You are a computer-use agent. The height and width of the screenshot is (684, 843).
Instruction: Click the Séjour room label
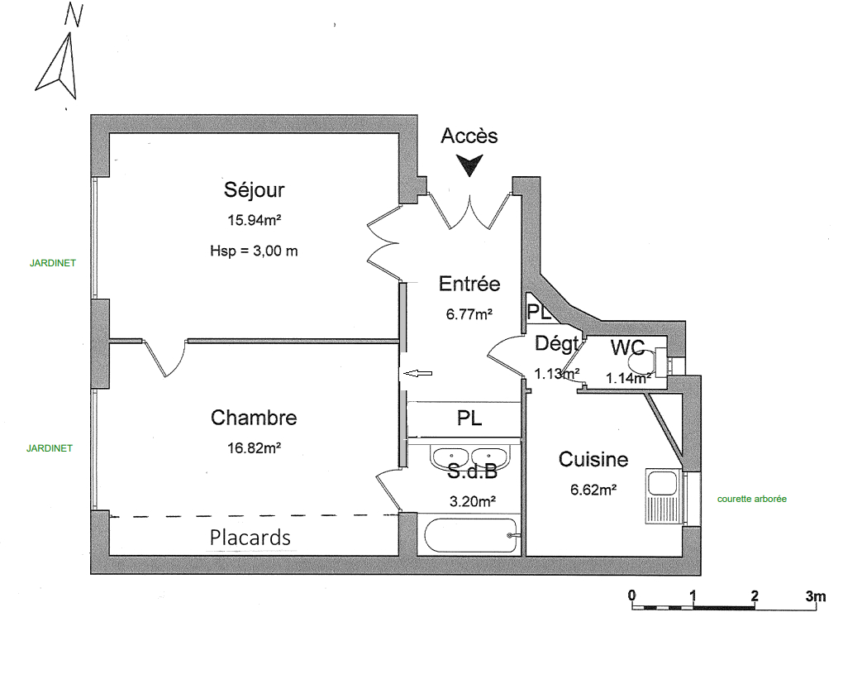(x=254, y=190)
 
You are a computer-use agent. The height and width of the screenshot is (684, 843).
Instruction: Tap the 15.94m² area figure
(x=255, y=220)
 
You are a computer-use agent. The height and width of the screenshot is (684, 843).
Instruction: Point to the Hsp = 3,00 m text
(x=254, y=251)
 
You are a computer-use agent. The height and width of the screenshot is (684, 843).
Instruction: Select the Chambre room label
(x=254, y=418)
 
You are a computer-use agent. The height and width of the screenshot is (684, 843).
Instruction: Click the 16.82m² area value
(x=255, y=447)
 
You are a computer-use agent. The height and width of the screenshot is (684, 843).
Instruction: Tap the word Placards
(x=250, y=538)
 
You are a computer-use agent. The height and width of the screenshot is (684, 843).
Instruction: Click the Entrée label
(x=469, y=284)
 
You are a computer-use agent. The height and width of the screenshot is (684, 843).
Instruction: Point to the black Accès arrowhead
(x=469, y=165)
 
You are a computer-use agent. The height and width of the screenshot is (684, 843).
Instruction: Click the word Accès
(x=469, y=136)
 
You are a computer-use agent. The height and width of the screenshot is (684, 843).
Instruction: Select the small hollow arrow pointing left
(x=417, y=373)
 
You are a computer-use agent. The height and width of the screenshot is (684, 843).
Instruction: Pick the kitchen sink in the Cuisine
(x=664, y=495)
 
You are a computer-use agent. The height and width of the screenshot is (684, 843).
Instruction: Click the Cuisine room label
(x=593, y=460)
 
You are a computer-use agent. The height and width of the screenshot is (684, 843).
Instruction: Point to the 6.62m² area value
(x=593, y=490)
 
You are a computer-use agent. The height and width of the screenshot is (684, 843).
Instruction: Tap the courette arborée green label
(x=751, y=499)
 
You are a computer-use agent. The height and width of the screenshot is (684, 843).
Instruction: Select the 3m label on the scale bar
(x=815, y=596)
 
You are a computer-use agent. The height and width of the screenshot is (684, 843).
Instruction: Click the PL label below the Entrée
(x=469, y=418)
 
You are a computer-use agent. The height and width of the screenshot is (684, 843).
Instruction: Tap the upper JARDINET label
(x=53, y=263)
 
